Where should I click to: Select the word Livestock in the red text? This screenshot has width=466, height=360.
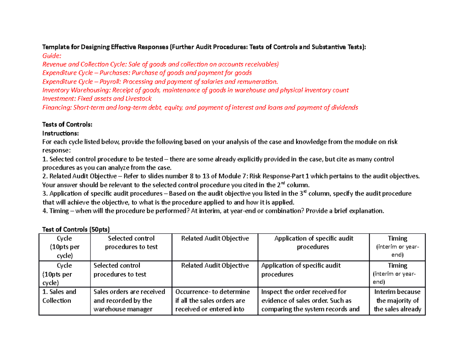pyautogui.click(x=138, y=99)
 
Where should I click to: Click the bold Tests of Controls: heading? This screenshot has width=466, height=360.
pyautogui.click(x=67, y=124)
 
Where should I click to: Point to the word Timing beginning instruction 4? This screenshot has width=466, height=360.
pyautogui.click(x=58, y=210)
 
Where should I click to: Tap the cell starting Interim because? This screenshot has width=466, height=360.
pyautogui.click(x=397, y=300)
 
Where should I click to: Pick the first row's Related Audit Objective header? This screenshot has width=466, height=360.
pyautogui.click(x=215, y=238)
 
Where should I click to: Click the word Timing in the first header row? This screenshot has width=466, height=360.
pyautogui.click(x=397, y=238)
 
